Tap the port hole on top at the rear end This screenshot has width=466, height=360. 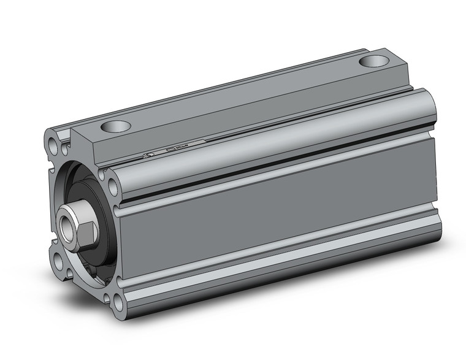pyautogui.click(x=375, y=61)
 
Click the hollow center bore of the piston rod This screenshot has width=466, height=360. pyautogui.click(x=66, y=224)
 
